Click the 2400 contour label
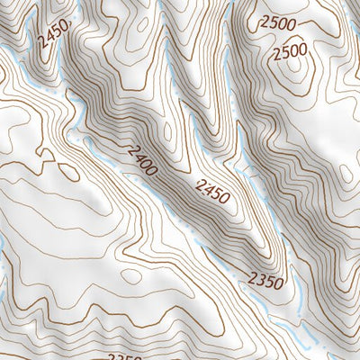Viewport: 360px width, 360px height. (x=143, y=159)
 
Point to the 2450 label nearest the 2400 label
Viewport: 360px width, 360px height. (x=211, y=190)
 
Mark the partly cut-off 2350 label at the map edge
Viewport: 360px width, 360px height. (x=125, y=356)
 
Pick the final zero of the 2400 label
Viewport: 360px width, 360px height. (x=154, y=168)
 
